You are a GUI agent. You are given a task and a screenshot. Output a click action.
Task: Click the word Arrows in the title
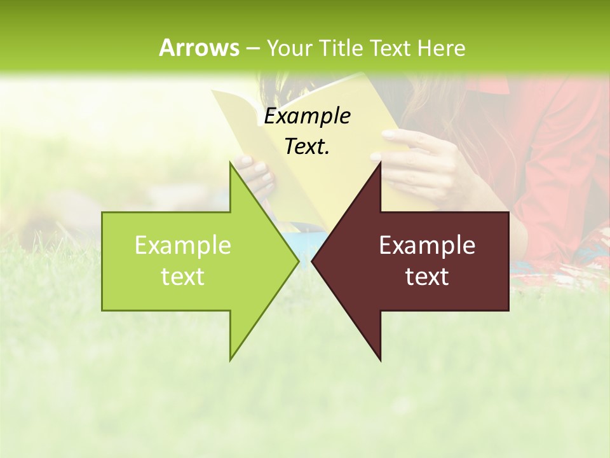pos(199,48)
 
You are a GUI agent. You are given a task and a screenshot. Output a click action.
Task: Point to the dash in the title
pos(252,48)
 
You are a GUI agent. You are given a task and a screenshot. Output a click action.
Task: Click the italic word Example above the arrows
pos(307,116)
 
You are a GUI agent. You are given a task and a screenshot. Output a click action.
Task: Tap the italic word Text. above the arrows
pos(307,146)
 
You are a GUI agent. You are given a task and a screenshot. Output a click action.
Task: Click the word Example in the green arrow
pos(183,246)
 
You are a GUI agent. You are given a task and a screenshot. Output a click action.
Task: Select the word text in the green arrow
pos(183,277)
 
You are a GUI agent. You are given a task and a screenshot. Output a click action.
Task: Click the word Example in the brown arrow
pos(427,246)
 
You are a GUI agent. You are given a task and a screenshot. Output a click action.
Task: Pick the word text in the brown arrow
pos(427,277)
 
